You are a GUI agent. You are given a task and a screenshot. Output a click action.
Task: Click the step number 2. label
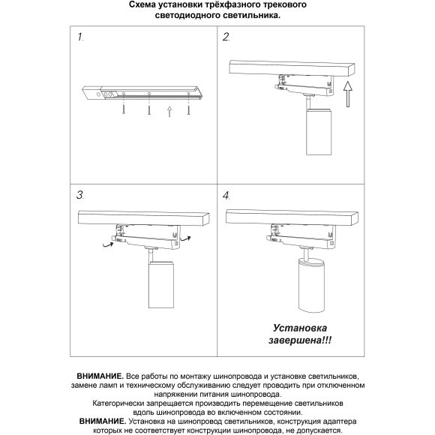[226, 37]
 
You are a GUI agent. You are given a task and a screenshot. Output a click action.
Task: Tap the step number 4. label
[227, 195]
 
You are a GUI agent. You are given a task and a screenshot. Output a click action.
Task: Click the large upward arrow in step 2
[346, 97]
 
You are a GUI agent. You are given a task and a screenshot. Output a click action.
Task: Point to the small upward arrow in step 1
[169, 112]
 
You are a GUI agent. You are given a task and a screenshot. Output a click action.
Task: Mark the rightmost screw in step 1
[190, 109]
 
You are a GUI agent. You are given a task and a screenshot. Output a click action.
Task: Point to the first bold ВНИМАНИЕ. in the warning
[100, 374]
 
